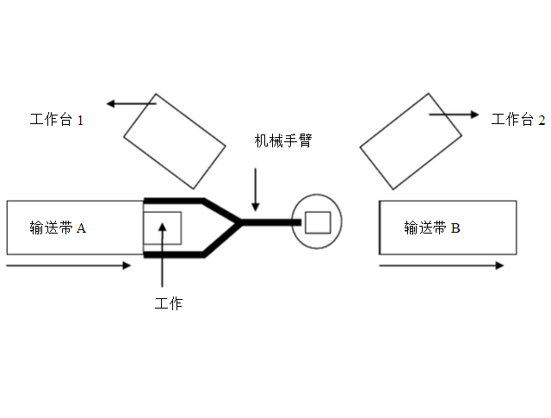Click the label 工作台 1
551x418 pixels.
[57, 121]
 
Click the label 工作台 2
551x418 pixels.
[518, 121]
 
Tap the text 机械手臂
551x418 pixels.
[282, 140]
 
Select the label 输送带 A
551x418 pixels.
[59, 228]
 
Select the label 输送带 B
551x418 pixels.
[432, 228]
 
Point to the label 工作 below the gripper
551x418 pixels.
[168, 303]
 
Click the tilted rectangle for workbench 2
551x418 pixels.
[412, 140]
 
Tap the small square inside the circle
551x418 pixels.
[318, 221]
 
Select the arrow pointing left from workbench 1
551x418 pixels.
[129, 104]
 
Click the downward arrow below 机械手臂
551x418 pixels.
[255, 188]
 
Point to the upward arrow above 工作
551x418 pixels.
[163, 259]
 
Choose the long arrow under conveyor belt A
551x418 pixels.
[69, 265]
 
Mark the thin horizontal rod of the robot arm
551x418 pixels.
[271, 222]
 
